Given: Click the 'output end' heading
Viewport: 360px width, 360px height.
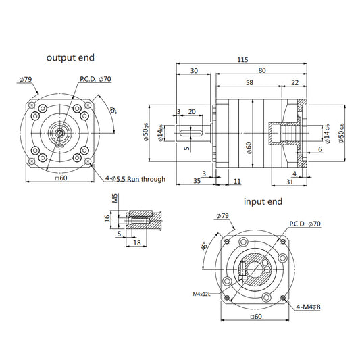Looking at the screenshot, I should point(70,57).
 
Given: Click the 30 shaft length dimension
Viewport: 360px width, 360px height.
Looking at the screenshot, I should point(195,71).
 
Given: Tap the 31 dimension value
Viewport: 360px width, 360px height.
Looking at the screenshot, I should point(288,181).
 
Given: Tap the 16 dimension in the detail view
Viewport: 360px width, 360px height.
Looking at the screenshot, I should point(107,220).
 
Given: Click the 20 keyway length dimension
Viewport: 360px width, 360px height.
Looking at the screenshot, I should point(192,111).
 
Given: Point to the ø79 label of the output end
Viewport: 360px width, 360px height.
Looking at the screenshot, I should point(26,80).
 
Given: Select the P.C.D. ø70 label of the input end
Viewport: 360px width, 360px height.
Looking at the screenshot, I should point(305,224).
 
